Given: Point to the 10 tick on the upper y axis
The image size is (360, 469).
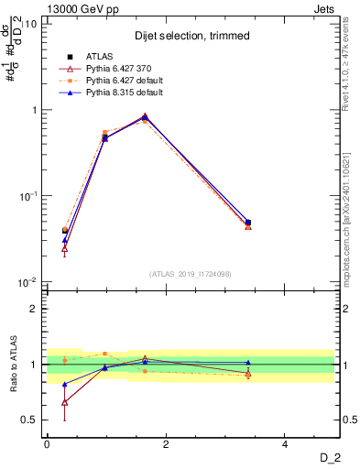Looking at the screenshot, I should click(31, 24).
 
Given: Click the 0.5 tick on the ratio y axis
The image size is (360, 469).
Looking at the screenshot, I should click(29, 420).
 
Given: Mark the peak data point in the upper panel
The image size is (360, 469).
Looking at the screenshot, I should click(145, 117).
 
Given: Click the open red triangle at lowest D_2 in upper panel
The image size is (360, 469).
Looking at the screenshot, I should click(64, 248).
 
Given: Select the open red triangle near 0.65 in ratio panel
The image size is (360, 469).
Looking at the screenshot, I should click(64, 402).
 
